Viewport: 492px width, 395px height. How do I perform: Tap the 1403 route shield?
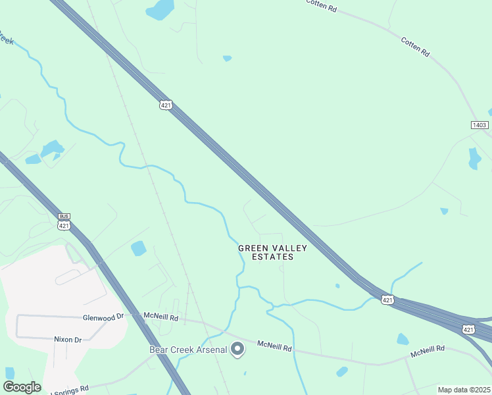point(480,124)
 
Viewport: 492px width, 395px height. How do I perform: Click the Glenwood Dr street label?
point(103,317)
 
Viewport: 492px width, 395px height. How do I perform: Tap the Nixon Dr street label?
point(68,340)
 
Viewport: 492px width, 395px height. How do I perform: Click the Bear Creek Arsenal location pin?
point(238,349)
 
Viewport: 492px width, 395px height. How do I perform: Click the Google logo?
point(22,387)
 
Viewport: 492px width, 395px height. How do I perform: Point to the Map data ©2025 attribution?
point(464,390)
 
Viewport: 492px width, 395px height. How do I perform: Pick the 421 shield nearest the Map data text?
point(468,329)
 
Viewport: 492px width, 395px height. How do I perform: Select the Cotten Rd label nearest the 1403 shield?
point(415,45)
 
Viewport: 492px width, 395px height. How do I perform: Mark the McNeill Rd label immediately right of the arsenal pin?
point(274,345)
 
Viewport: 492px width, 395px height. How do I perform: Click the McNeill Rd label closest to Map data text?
point(428,352)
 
